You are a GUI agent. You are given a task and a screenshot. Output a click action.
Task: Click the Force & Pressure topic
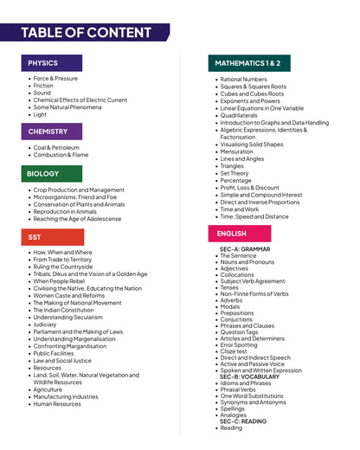coord(55,79)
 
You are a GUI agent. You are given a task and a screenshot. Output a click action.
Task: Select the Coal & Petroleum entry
coord(56,148)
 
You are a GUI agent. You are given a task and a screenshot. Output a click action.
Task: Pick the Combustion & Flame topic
coord(61,155)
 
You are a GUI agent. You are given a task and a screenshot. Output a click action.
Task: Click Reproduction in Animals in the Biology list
coord(65,211)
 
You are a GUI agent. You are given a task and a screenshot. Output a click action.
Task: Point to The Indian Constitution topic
coord(64,310)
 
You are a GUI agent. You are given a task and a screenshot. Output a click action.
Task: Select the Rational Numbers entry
coord(243,80)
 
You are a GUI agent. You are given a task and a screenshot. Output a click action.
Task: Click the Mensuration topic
coord(236,151)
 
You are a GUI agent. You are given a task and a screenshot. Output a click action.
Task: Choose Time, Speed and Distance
coord(254,216)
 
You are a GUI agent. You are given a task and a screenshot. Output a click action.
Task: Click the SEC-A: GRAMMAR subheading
coord(245,249)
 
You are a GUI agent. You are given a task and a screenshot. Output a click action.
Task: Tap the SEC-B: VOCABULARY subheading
coord(249,377)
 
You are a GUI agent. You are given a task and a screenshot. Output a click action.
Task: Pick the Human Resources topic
coord(57,404)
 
